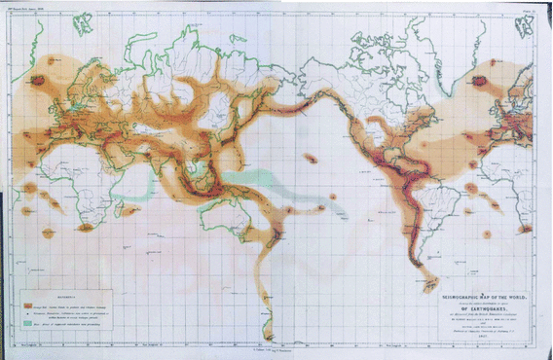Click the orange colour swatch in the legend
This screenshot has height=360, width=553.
point(31,298)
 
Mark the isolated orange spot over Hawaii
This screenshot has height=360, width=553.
point(312,159)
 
